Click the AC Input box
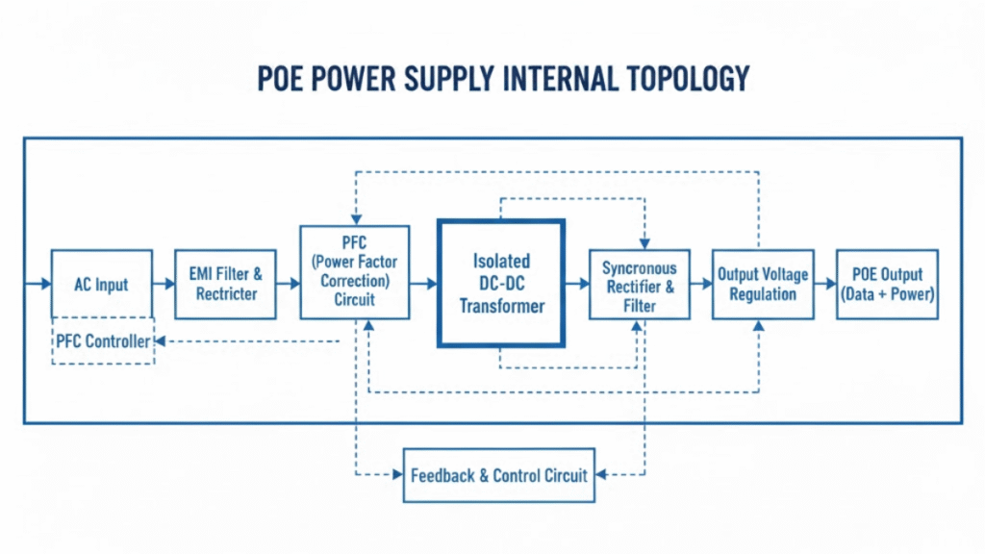click(101, 284)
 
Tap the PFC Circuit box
click(355, 272)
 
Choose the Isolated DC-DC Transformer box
click(501, 284)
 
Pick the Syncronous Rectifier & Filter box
click(640, 286)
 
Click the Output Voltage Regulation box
click(763, 284)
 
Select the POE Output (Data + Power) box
click(886, 284)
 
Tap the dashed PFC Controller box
click(103, 341)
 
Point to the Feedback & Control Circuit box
click(498, 475)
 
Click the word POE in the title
click(285, 78)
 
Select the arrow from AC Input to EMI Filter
click(164, 284)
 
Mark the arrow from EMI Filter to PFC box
click(287, 284)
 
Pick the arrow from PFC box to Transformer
click(424, 284)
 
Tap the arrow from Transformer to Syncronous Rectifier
click(577, 284)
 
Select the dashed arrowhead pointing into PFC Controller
click(161, 340)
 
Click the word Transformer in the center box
click(502, 307)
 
